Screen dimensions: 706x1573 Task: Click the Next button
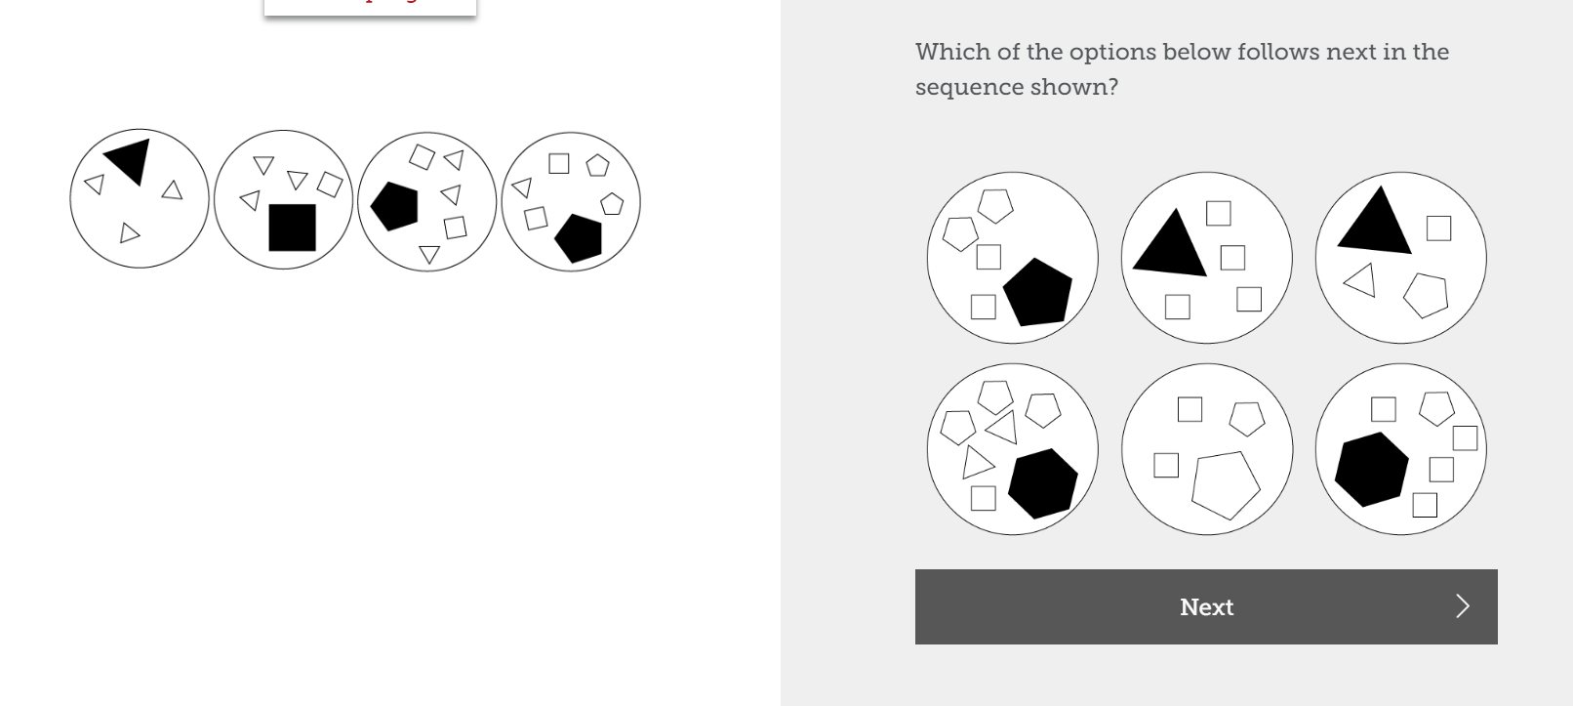[1205, 606]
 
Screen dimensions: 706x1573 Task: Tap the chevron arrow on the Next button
[1462, 606]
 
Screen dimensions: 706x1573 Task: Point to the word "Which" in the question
[952, 52]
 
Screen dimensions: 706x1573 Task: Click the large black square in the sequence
[292, 228]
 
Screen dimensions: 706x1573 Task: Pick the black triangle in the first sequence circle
[130, 159]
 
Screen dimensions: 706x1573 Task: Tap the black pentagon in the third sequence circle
[395, 206]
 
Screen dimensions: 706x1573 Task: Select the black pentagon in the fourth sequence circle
[579, 238]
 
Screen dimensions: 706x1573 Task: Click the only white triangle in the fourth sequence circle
[522, 187]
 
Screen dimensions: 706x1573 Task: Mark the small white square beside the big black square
[331, 184]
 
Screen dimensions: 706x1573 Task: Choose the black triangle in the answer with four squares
[1170, 244]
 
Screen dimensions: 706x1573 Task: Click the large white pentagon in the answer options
[1226, 483]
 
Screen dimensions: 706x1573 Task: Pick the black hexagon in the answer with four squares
[1371, 469]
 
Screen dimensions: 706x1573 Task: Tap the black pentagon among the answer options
[1038, 292]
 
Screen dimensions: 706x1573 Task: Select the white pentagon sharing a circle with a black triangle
[1426, 294]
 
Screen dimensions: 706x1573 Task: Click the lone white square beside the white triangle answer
[1438, 228]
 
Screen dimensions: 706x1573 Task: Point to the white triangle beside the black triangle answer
[1361, 281]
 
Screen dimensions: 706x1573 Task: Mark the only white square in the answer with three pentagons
[984, 498]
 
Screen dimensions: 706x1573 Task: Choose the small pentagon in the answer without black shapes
[1246, 418]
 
